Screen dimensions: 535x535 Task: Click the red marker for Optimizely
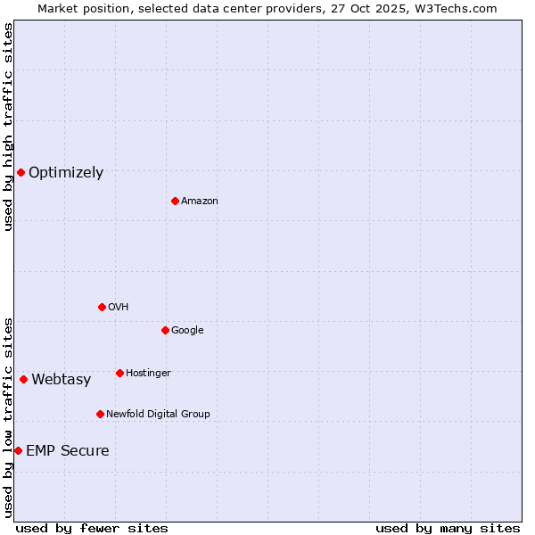pyautogui.click(x=21, y=172)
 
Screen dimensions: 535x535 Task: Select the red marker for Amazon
pyautogui.click(x=175, y=201)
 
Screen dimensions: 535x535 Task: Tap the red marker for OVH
pyautogui.click(x=102, y=307)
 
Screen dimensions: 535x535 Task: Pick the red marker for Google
pyautogui.click(x=165, y=330)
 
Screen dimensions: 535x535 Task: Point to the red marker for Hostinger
pyautogui.click(x=119, y=373)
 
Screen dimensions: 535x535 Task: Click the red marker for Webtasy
pyautogui.click(x=23, y=379)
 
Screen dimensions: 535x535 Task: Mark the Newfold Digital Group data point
pyautogui.click(x=100, y=414)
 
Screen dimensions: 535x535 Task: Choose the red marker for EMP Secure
pyautogui.click(x=18, y=450)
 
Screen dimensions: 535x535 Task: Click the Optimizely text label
pyautogui.click(x=66, y=173)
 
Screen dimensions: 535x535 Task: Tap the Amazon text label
pyautogui.click(x=200, y=202)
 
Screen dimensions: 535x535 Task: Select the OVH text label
pyautogui.click(x=119, y=308)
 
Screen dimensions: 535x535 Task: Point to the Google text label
pyautogui.click(x=187, y=331)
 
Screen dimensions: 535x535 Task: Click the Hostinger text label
pyautogui.click(x=148, y=374)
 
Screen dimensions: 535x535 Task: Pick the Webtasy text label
pyautogui.click(x=62, y=380)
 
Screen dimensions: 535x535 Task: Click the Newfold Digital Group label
pyautogui.click(x=158, y=415)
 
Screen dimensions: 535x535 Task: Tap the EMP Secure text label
pyautogui.click(x=68, y=451)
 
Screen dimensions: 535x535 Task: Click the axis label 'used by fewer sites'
pyautogui.click(x=92, y=528)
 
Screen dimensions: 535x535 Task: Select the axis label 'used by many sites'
pyautogui.click(x=448, y=528)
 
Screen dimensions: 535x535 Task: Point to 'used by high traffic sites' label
pyautogui.click(x=8, y=127)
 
